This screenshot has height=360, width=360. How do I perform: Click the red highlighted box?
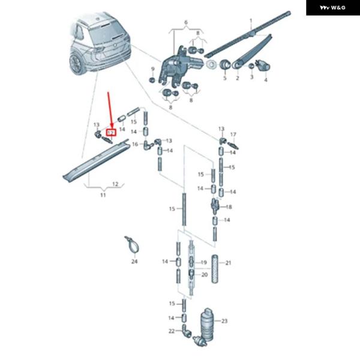(110, 131)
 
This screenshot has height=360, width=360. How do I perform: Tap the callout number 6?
(186, 23)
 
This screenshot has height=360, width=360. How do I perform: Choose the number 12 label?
(115, 184)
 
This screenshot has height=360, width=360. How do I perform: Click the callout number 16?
(135, 145)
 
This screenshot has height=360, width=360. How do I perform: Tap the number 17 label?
(234, 134)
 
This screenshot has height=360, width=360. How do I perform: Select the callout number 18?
(229, 206)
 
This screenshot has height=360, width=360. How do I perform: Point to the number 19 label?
(203, 262)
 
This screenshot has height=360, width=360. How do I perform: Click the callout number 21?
(229, 263)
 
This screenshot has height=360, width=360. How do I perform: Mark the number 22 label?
(171, 331)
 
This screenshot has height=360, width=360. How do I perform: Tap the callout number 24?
(134, 262)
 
